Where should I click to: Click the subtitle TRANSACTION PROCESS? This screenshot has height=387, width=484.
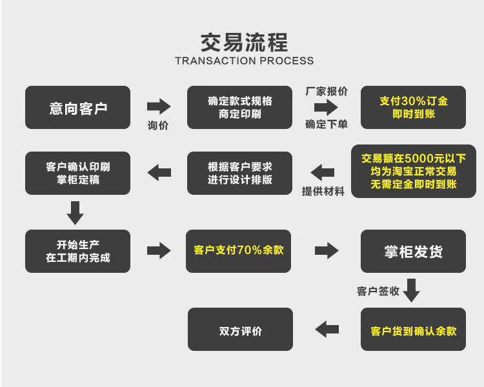coord(244,61)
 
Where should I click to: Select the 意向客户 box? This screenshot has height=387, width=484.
coord(77,108)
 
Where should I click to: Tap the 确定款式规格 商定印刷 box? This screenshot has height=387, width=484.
coord(239,108)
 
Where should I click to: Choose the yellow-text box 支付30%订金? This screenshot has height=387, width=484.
coord(413,108)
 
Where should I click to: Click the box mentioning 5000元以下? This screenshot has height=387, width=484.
coord(413,171)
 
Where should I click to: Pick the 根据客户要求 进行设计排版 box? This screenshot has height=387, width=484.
coord(239,173)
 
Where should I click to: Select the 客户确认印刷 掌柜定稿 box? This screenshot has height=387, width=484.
coord(77,173)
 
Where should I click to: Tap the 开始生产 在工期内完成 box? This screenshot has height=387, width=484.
coord(77,251)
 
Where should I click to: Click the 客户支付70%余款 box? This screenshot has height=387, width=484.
coord(239,250)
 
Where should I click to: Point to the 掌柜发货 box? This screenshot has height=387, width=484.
coord(413,251)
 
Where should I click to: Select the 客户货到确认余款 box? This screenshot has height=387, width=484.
coord(413,330)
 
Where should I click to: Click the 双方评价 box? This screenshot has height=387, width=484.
coord(240,330)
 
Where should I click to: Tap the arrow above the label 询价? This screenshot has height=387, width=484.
coord(159,107)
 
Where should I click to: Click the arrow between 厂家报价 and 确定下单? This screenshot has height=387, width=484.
coord(326,107)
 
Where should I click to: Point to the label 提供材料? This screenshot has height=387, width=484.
coord(323,191)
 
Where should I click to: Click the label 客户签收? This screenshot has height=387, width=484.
coord(378,291)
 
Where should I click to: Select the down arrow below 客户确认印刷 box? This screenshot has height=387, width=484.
coord(76,212)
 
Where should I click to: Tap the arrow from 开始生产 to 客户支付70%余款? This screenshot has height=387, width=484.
coord(159,250)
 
